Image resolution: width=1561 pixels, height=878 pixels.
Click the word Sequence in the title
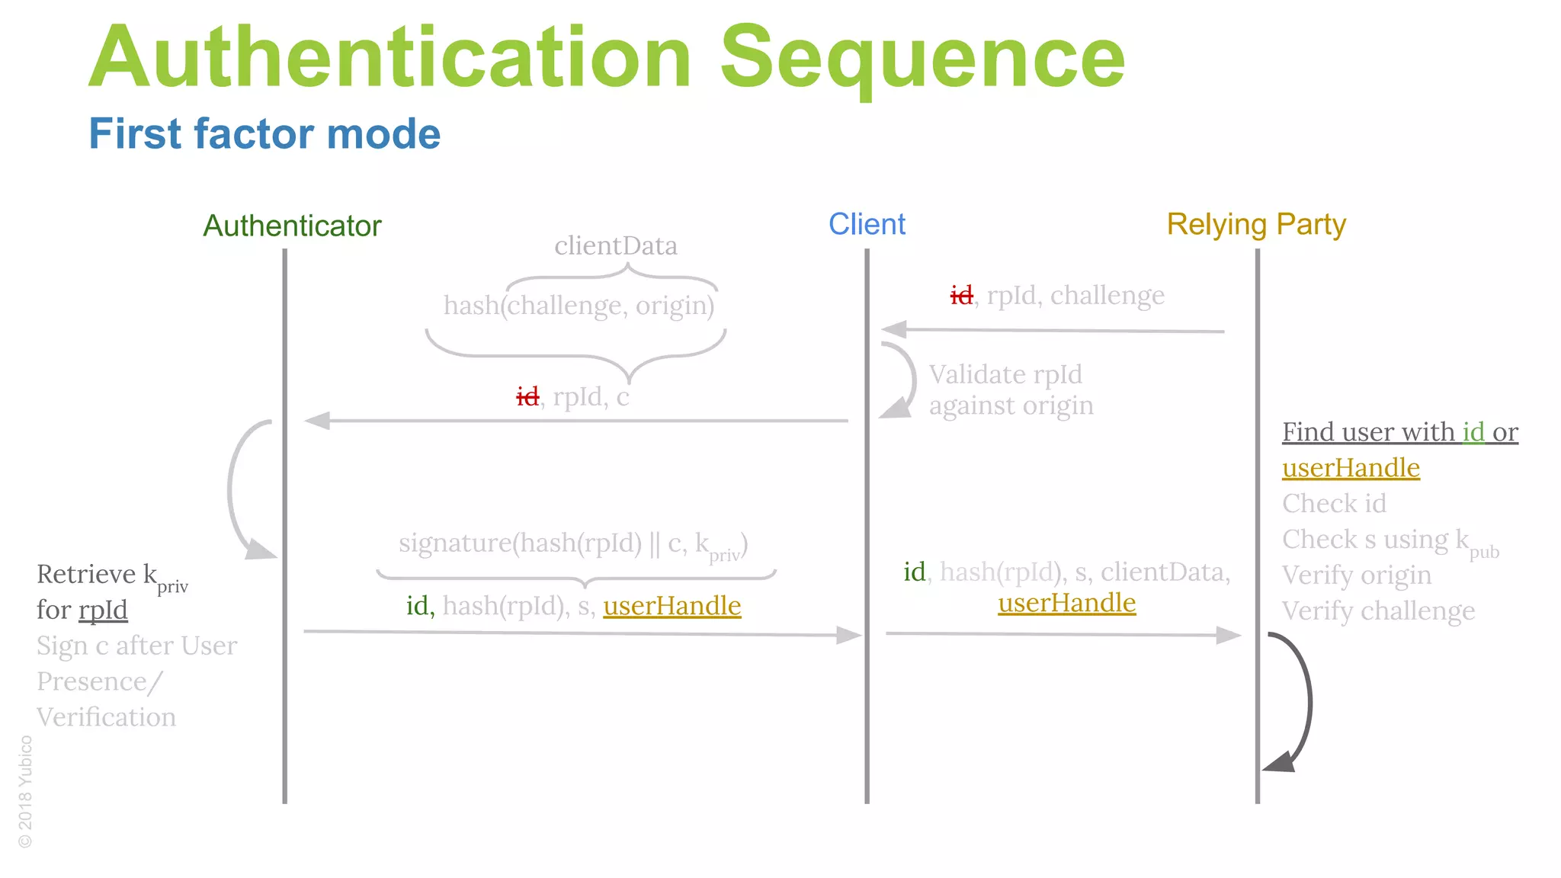tap(922, 58)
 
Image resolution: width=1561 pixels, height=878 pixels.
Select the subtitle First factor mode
tap(264, 133)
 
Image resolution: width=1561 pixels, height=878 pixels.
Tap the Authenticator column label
tap(292, 226)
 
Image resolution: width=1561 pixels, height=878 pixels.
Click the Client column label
tap(867, 224)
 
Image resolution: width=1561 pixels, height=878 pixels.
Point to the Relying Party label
tap(1256, 224)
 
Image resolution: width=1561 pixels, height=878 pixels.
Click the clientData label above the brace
tap(616, 245)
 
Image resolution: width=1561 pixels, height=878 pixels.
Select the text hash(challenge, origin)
tap(579, 306)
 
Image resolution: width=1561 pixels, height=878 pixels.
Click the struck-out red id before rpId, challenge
tap(961, 295)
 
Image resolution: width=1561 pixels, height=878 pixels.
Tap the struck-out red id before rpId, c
tap(527, 396)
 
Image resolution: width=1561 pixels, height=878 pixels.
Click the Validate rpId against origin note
tap(1011, 390)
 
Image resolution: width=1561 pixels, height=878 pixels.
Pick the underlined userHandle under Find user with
tap(1351, 468)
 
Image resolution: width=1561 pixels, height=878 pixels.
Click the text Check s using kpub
tap(1389, 540)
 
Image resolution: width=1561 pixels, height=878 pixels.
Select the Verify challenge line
tap(1378, 611)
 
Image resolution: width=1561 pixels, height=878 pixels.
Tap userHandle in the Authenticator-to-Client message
tap(672, 606)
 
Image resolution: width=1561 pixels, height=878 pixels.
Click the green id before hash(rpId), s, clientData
tap(914, 572)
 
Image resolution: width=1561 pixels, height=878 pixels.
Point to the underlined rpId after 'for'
tap(103, 610)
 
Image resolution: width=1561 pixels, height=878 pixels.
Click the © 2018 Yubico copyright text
tap(25, 791)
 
